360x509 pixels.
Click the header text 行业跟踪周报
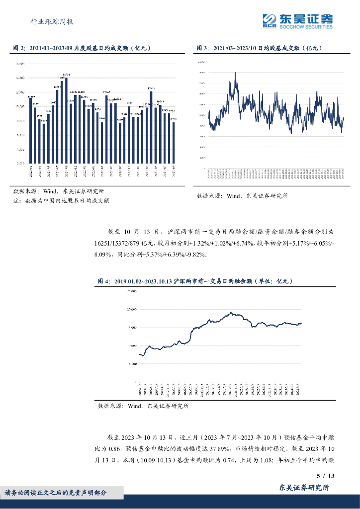pos(52,21)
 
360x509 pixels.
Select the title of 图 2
pos(82,48)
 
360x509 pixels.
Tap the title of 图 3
pos(260,48)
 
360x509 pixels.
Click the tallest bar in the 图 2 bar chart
pos(66,119)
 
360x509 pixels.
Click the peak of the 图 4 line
pos(231,312)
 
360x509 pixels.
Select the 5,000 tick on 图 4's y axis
pos(132,363)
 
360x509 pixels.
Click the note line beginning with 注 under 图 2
pos(61,201)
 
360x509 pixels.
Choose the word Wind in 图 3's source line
pos(233,196)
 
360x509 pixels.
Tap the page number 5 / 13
pos(326,476)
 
